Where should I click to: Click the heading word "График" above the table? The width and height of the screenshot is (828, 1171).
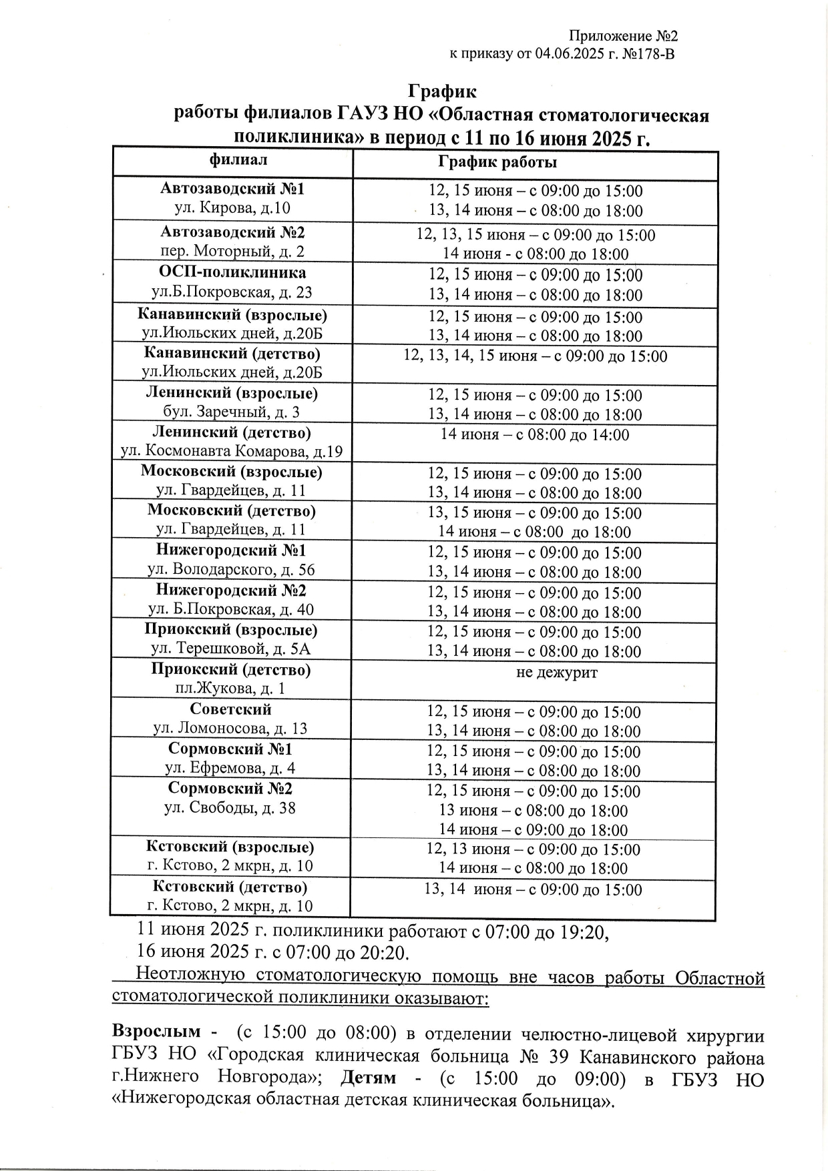[x=442, y=91]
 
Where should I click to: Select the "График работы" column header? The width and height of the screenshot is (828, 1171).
[x=497, y=162]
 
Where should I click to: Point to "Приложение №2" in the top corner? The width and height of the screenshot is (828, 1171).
[x=624, y=36]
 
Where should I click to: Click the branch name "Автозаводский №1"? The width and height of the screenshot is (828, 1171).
[x=232, y=189]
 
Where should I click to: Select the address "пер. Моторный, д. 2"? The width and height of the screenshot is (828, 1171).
[x=232, y=252]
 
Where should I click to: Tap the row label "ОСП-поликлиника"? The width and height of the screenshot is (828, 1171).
[x=232, y=272]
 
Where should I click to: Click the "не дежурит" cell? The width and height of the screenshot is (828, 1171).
[x=556, y=672]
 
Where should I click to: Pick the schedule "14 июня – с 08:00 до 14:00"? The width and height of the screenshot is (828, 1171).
[x=534, y=435]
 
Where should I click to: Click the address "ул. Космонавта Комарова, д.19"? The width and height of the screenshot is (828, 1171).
[x=232, y=452]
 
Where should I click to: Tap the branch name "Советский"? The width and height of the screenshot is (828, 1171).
[x=230, y=709]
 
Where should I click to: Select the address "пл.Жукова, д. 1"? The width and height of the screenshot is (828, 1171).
[x=230, y=689]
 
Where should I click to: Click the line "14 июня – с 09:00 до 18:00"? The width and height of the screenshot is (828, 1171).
[x=533, y=830]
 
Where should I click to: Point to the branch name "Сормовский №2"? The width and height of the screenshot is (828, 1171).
[x=230, y=788]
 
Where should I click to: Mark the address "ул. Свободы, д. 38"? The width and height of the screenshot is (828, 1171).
[x=230, y=808]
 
